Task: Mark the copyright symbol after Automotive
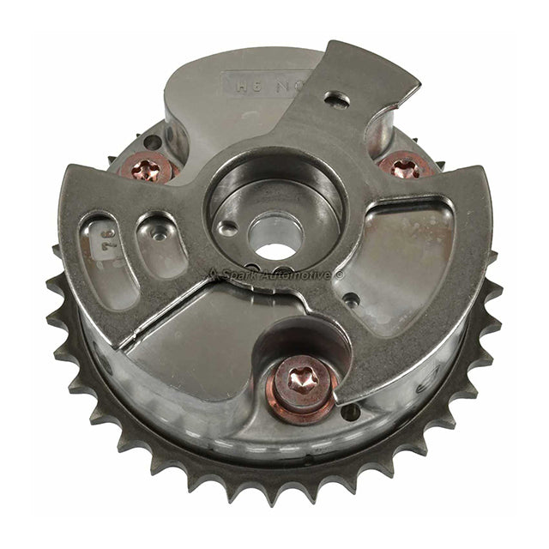click(339, 275)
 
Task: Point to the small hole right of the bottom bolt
click(350, 412)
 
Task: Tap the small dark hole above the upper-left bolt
click(152, 142)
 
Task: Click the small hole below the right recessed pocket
click(351, 300)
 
